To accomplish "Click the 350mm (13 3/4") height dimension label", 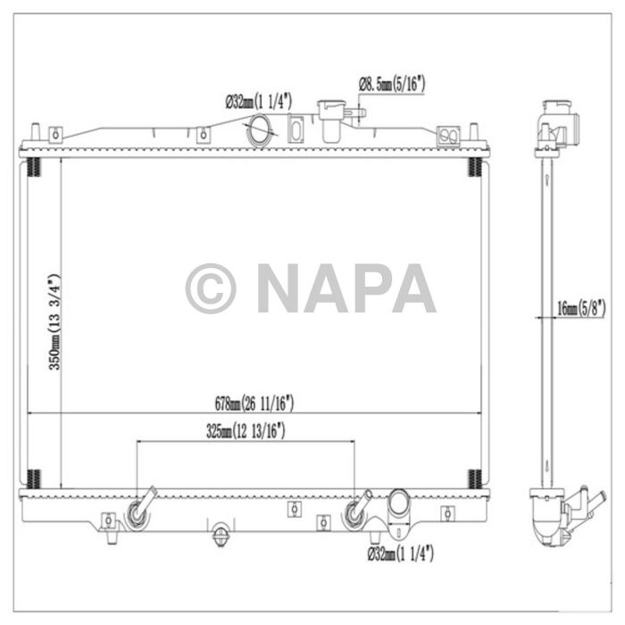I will click(x=54, y=322).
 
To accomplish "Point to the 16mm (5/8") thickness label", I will click(x=579, y=309).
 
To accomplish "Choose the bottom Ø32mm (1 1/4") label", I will click(x=400, y=555).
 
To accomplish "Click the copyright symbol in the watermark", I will click(x=211, y=288).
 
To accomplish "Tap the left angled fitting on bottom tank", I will click(x=140, y=509).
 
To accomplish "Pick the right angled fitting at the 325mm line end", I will click(x=359, y=509).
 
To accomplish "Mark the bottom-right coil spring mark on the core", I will click(x=475, y=479).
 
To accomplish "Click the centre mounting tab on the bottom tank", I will click(x=292, y=510).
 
